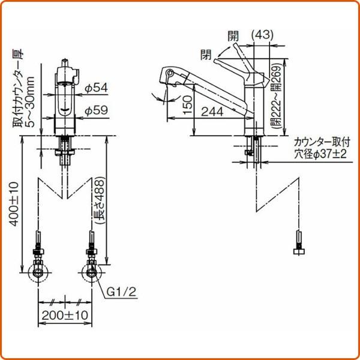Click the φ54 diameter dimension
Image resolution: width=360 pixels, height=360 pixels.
96,88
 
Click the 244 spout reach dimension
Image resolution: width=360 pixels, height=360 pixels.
213,110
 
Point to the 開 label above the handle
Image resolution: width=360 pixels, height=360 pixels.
233,35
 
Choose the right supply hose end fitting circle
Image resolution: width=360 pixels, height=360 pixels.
91,274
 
